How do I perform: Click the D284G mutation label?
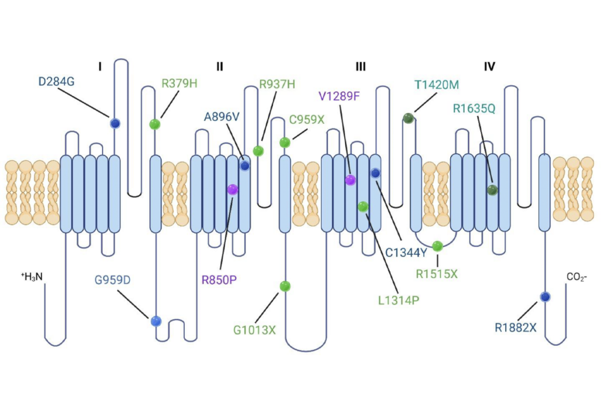click(56, 82)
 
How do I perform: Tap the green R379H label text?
click(179, 83)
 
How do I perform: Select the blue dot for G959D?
click(156, 321)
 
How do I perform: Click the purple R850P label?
click(219, 279)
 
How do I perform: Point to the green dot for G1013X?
click(285, 286)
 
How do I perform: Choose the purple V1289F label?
click(338, 96)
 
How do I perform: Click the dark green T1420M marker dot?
click(408, 119)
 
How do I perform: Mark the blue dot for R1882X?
click(545, 297)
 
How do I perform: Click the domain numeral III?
click(360, 67)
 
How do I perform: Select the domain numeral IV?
click(489, 67)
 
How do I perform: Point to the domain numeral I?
click(100, 67)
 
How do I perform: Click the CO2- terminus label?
click(576, 276)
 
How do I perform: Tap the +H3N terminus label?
click(32, 276)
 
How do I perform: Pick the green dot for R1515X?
click(437, 246)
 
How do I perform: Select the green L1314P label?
click(399, 300)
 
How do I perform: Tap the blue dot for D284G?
click(115, 123)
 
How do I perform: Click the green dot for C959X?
click(285, 142)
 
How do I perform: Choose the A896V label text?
click(222, 116)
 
